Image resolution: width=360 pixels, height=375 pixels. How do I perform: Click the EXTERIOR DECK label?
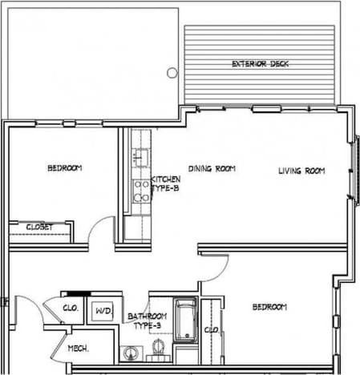click(259, 63)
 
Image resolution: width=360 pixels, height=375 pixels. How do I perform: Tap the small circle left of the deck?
click(172, 72)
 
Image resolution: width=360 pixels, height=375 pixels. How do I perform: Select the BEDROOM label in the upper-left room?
click(64, 168)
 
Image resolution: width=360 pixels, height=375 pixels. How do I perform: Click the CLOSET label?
click(39, 228)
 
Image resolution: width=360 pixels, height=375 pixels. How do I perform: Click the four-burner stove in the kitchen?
click(140, 190)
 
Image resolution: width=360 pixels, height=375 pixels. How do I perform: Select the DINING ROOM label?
click(212, 168)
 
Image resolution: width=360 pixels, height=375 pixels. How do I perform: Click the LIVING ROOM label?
click(301, 170)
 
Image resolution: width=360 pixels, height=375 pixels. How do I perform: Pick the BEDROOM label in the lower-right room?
click(269, 307)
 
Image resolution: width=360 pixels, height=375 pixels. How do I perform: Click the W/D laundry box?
click(103, 310)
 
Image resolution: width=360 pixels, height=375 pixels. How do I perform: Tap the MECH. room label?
click(77, 349)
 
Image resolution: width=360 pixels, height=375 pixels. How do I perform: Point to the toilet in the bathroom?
click(158, 346)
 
